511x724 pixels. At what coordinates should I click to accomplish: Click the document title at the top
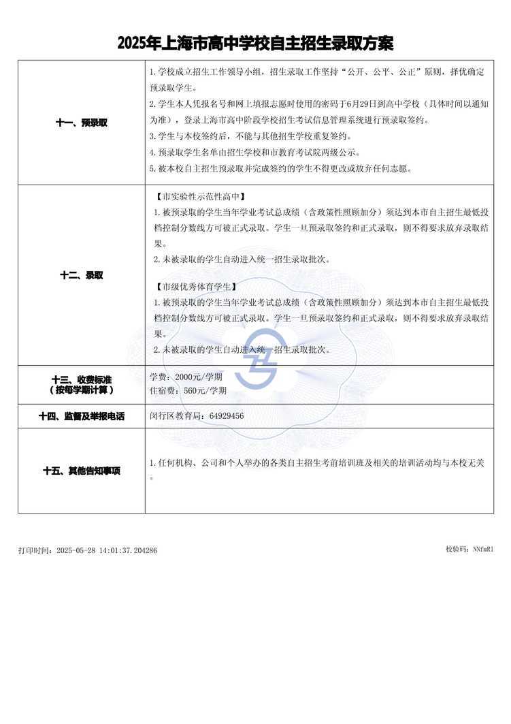pos(255,44)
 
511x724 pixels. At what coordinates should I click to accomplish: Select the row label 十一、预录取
pos(81,123)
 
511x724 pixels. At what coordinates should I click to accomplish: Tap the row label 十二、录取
pos(81,275)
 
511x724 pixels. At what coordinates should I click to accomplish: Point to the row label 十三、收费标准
pos(81,379)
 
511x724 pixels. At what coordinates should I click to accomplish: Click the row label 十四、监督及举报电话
pos(81,415)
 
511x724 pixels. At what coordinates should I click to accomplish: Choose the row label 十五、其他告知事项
pos(81,471)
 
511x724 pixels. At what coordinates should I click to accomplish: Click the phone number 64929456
pos(227,415)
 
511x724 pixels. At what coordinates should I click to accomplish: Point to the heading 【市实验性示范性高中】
pos(199,197)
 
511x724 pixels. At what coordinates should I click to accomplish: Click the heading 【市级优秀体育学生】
pos(194,287)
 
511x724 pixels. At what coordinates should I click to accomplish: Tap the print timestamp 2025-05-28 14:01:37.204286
pos(107,550)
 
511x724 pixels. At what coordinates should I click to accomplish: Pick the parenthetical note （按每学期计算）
pos(81,390)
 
